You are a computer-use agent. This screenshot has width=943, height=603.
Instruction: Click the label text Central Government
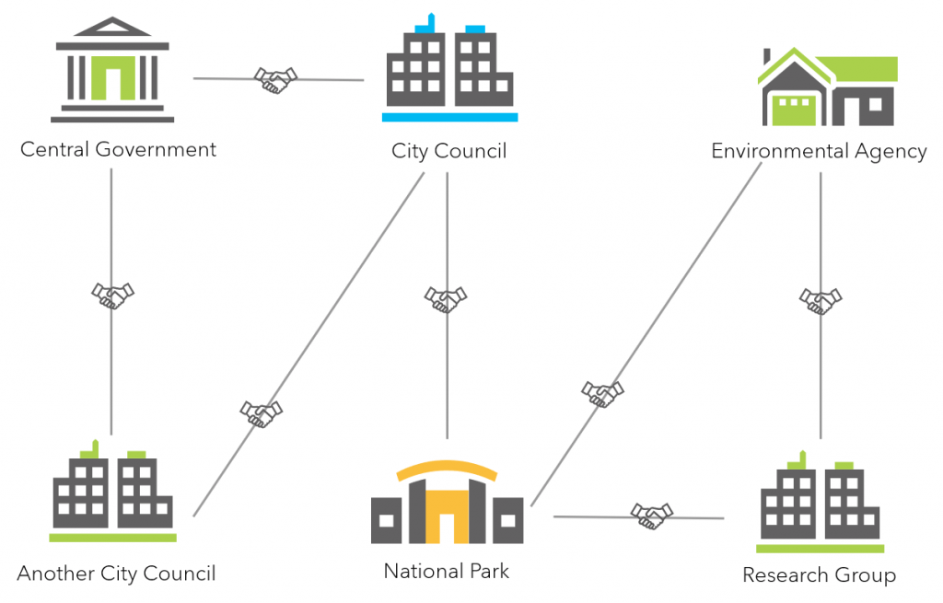tap(118, 149)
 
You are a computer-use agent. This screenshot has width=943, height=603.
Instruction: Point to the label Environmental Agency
tap(819, 151)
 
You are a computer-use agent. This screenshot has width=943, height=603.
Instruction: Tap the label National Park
tap(447, 572)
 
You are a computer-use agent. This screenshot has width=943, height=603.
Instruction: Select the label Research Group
tap(819, 575)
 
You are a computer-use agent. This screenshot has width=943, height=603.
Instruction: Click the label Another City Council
tap(116, 574)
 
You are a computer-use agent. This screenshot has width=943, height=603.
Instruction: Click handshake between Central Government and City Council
tap(275, 80)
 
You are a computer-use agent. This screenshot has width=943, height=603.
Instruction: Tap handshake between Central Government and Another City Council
tap(112, 296)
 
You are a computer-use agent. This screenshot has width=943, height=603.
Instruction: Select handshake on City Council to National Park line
tap(446, 299)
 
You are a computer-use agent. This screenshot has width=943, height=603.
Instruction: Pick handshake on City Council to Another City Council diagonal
tap(261, 413)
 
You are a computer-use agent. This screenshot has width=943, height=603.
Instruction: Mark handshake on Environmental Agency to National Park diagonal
tap(602, 394)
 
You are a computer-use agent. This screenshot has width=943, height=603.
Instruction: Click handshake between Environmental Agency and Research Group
tap(820, 300)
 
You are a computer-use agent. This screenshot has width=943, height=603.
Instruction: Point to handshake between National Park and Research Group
tap(651, 516)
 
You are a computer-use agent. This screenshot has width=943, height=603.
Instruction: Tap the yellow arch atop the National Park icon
tap(447, 470)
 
